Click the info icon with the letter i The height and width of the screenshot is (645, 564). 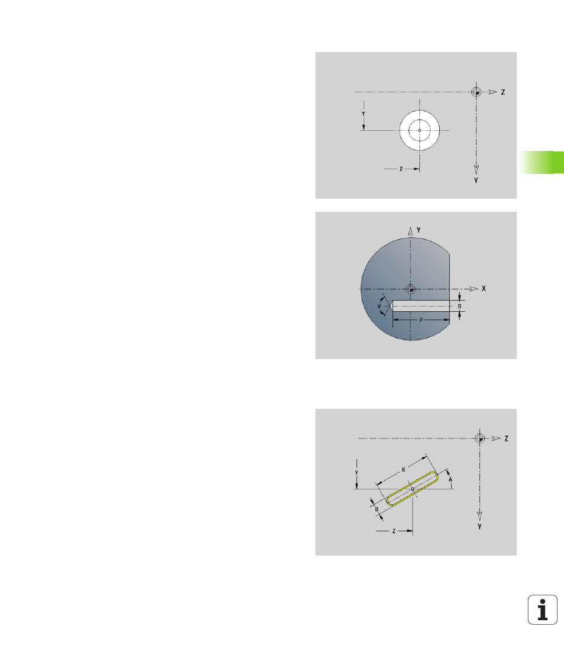tap(542, 609)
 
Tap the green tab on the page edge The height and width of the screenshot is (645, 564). tap(542, 163)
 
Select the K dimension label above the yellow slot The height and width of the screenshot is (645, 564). tap(404, 469)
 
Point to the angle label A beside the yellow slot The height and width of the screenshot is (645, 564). tap(450, 480)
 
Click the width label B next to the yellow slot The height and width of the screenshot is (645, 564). tap(377, 509)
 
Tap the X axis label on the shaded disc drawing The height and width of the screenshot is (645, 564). tap(484, 289)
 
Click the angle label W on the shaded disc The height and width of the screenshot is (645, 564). tap(379, 306)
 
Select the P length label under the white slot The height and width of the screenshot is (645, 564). tap(421, 320)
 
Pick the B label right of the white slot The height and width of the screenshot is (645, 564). tap(459, 307)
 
